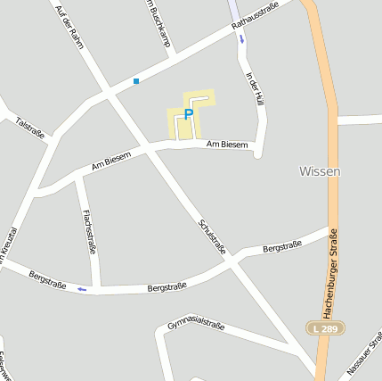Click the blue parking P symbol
pyautogui.click(x=188, y=113)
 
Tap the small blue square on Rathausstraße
pyautogui.click(x=136, y=81)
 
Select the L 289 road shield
pyautogui.click(x=327, y=328)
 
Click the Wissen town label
pyautogui.click(x=320, y=170)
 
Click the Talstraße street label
pyautogui.click(x=29, y=127)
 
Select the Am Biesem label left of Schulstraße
pyautogui.click(x=111, y=161)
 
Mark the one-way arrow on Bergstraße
pyautogui.click(x=82, y=289)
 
